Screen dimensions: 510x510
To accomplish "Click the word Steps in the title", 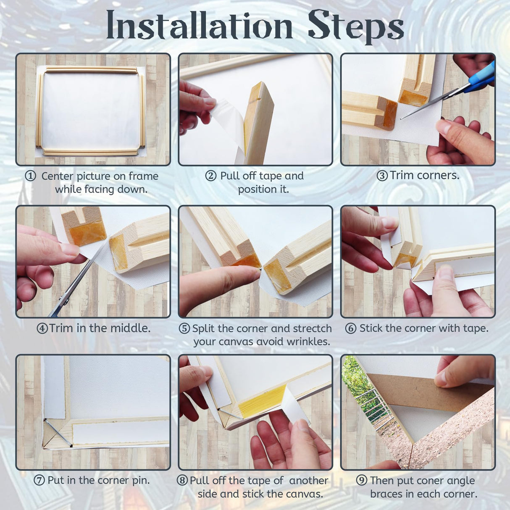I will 355,26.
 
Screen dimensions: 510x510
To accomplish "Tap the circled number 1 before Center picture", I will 30,176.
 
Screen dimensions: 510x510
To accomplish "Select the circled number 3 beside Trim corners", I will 382,176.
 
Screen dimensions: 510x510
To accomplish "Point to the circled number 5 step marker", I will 184,329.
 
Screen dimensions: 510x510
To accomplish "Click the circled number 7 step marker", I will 39,480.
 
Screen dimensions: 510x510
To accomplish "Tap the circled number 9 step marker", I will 361,480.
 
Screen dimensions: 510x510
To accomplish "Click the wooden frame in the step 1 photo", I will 91,70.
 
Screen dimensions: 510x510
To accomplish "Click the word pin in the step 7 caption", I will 140,480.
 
